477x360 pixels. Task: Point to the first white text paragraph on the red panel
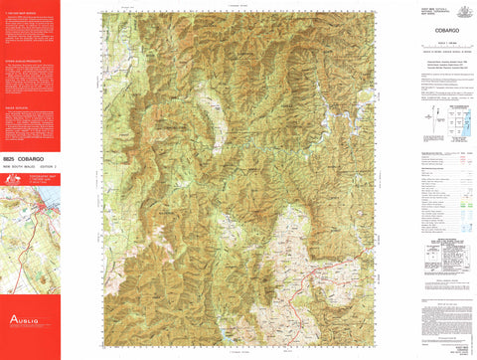(x=30, y=36)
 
